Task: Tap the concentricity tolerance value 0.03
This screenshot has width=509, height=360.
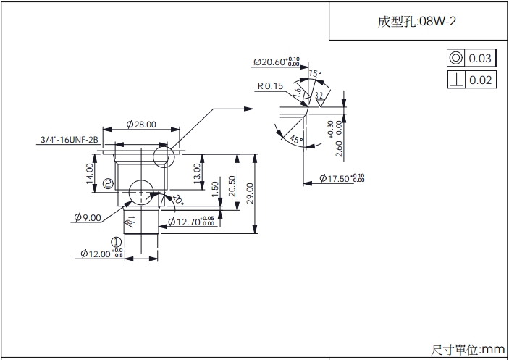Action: (x=480, y=59)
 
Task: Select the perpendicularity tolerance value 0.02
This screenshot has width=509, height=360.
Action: (x=480, y=80)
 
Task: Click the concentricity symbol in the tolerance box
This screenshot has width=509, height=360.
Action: (x=456, y=59)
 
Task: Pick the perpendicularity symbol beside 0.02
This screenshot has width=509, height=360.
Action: (x=456, y=80)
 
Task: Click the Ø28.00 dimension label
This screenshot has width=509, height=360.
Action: (x=141, y=125)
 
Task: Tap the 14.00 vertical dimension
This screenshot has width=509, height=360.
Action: (x=90, y=174)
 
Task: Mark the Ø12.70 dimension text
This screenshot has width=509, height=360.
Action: (x=190, y=222)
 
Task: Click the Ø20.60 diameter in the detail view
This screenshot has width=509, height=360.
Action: (x=276, y=62)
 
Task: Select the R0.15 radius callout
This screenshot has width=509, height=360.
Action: (x=270, y=86)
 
